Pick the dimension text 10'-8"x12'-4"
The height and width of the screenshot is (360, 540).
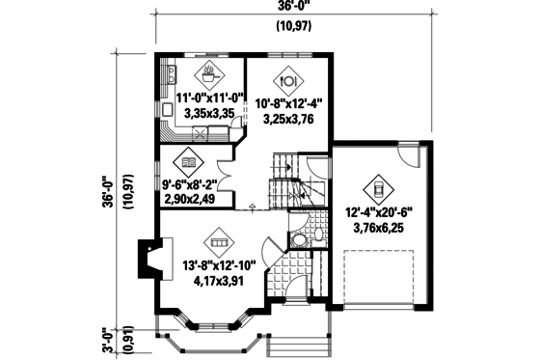290,103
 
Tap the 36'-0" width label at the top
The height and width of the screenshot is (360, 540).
297,7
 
